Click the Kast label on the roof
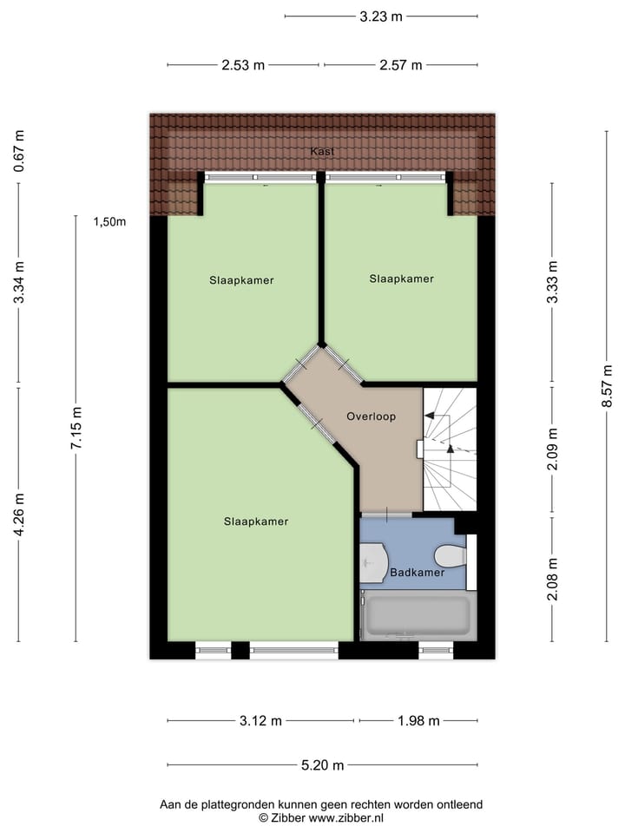pos(322,151)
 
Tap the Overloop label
pos(371,416)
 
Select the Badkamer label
pos(417,573)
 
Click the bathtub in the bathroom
pos(418,615)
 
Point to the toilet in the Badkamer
pos(451,555)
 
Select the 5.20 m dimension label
pos(322,765)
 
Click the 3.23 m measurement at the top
pos(381,16)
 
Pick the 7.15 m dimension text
pos(76,428)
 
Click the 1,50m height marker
pos(110,221)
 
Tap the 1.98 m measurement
pos(418,721)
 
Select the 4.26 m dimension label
pos(19,514)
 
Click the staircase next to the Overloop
pos(450,449)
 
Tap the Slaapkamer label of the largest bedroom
pos(255,521)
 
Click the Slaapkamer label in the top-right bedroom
pos(401,279)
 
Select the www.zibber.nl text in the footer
pos(346,817)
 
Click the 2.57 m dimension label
pos(400,65)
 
